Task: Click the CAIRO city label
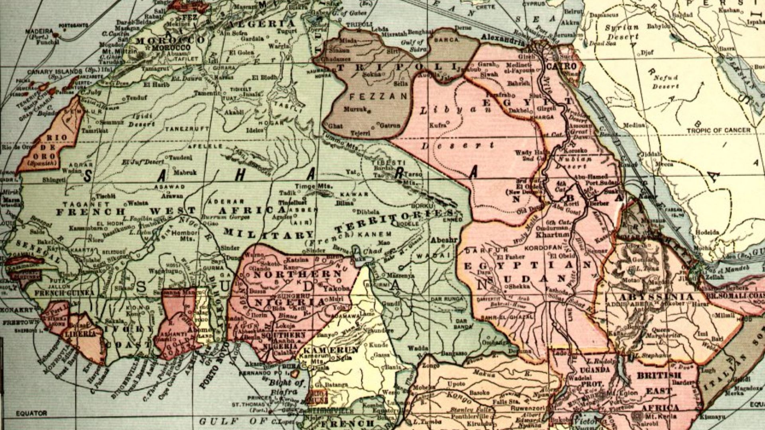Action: coord(561,66)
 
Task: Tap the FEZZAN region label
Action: coord(378,96)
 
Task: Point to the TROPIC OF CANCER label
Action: coord(718,130)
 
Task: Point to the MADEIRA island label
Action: coord(39,31)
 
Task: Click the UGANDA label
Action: coord(595,370)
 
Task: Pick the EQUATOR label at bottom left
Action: coord(31,413)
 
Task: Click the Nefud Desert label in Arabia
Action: coord(666,82)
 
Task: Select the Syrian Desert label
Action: coord(622,32)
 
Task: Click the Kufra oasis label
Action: coord(437,125)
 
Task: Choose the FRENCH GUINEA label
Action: coord(65,293)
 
